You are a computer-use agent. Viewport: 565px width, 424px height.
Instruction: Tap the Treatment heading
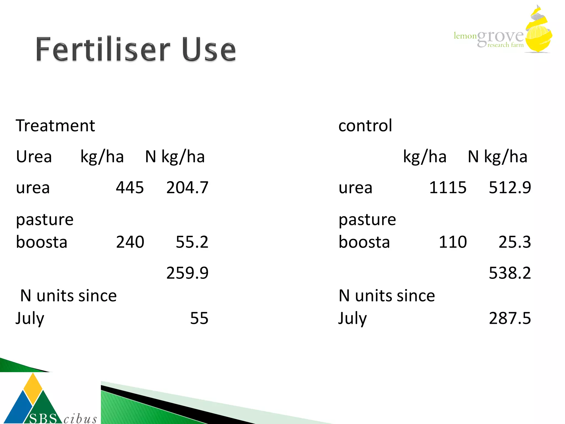(x=55, y=126)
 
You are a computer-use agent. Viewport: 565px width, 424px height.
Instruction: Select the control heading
(x=365, y=126)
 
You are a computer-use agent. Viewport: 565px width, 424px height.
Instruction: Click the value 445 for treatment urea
(x=130, y=188)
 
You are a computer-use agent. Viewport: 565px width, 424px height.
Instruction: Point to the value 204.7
(x=187, y=188)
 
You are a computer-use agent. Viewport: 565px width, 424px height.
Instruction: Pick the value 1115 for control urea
(x=447, y=188)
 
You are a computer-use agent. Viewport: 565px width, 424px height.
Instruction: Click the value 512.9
(x=510, y=188)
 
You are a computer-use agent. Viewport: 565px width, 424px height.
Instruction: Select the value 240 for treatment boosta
(x=130, y=242)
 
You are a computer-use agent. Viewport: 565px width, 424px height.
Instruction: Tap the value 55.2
(x=192, y=242)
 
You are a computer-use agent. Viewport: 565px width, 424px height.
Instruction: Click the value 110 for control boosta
(x=453, y=242)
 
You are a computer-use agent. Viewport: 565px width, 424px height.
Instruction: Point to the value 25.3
(x=515, y=242)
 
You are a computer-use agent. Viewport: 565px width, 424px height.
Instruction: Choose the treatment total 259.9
(x=187, y=273)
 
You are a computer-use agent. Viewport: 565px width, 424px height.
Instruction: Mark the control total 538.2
(x=510, y=273)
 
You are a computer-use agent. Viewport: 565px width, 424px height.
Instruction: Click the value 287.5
(x=510, y=318)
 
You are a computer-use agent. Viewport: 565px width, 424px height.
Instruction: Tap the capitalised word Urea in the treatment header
(x=34, y=157)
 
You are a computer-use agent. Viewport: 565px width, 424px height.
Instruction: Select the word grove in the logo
(x=500, y=37)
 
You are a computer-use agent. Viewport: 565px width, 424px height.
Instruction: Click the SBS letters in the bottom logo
(x=43, y=418)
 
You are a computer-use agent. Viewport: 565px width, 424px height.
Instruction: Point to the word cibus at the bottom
(x=80, y=419)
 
